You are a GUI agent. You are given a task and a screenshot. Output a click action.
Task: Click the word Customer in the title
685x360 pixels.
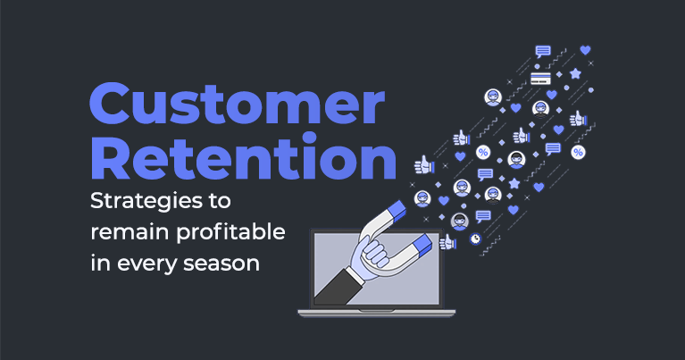point(238,104)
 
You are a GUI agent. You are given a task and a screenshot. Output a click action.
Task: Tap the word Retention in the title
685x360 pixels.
point(244,157)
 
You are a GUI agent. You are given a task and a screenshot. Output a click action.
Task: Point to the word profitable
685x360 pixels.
point(230,231)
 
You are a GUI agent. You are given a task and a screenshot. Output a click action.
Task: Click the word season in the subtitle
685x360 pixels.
point(221,264)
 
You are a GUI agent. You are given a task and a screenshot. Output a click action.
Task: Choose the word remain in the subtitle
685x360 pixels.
point(129,232)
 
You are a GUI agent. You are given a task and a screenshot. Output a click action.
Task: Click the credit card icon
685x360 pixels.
point(540,79)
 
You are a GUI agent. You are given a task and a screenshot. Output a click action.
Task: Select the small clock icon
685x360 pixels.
point(475,239)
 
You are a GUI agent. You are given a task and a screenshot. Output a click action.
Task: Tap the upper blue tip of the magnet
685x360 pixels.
point(397,210)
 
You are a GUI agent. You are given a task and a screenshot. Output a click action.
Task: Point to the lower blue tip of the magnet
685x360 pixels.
point(422,243)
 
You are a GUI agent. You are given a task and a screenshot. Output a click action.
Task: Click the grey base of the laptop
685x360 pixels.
point(377,313)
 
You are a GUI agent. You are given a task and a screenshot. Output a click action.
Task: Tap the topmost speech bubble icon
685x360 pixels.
point(543,52)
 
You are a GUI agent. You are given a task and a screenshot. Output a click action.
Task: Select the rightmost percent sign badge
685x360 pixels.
point(578,152)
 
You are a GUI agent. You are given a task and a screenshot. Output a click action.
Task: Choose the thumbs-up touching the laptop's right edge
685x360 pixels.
point(447,242)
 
